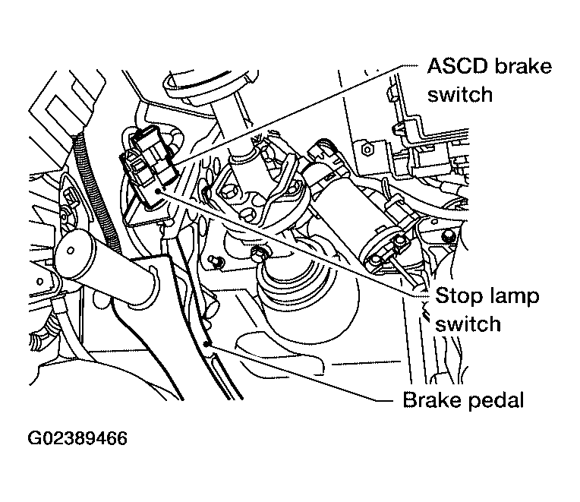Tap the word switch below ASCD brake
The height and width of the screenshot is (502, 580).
pos(460,94)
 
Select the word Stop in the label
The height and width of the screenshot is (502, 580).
pos(455,295)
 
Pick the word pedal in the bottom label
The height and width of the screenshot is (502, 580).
pos(496,399)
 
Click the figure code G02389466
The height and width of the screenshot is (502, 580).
pos(77,440)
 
